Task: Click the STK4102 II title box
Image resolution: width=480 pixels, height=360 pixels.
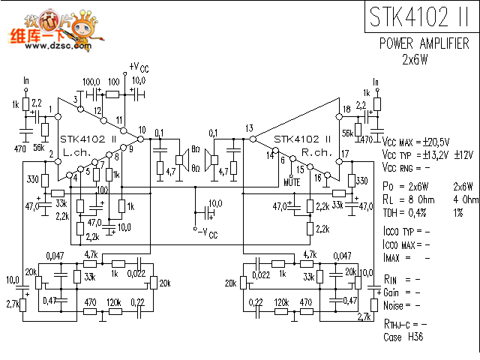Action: coord(420,18)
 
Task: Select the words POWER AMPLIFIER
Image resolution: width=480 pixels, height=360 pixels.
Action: coord(424,43)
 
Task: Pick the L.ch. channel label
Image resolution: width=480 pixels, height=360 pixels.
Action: coord(76,151)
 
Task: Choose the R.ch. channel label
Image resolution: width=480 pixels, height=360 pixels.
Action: coord(316,151)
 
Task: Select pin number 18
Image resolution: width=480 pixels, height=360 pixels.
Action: coord(346,109)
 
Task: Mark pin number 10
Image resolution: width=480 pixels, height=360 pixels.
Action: coord(142,130)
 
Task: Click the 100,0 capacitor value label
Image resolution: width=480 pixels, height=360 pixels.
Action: coord(91,81)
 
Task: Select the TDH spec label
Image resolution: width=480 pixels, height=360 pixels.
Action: coord(391,213)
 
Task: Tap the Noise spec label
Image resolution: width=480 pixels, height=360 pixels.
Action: coord(393,305)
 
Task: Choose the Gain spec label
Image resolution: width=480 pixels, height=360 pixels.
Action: coord(391,292)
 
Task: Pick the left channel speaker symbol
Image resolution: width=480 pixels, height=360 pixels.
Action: coord(181,159)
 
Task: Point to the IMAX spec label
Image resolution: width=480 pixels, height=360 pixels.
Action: coord(394,257)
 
